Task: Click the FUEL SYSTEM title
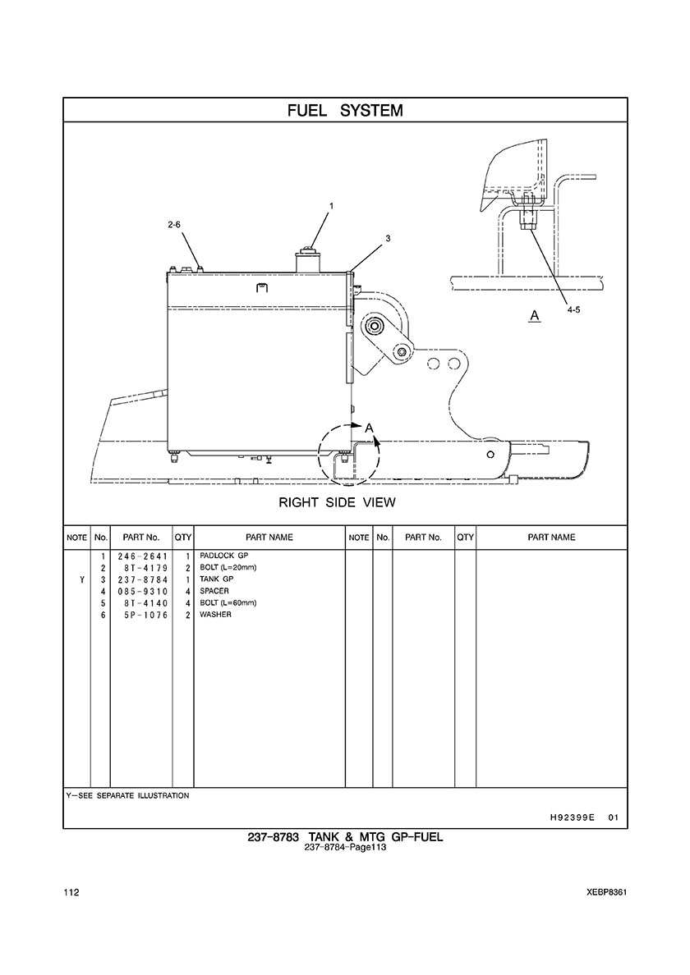click(x=345, y=111)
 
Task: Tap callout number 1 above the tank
click(x=332, y=206)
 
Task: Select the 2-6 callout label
click(x=174, y=225)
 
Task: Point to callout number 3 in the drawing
click(x=388, y=238)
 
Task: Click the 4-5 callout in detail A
click(x=573, y=310)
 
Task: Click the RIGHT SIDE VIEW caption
click(x=337, y=502)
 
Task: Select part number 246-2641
click(x=142, y=556)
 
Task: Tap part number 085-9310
click(x=142, y=592)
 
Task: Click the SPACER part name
click(x=214, y=591)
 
